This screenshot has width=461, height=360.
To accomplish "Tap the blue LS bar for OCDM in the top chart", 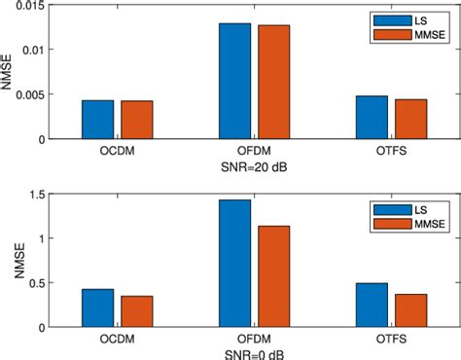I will [97, 119].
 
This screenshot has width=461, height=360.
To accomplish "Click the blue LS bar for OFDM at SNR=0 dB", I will [234, 263].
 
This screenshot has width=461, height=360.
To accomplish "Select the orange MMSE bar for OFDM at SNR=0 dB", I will [273, 275].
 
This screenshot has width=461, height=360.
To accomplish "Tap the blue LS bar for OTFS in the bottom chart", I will [372, 304].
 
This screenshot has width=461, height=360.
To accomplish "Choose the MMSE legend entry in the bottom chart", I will [409, 223].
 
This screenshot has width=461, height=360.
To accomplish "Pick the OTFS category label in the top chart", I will [391, 153].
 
